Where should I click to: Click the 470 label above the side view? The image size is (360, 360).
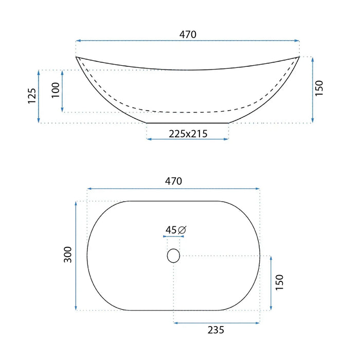pyautogui.click(x=188, y=34)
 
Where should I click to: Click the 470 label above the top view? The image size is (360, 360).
pyautogui.click(x=173, y=181)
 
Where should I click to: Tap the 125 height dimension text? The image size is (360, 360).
pyautogui.click(x=32, y=96)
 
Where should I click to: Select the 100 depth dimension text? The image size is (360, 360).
pyautogui.click(x=56, y=90)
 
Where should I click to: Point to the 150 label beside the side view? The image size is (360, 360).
pyautogui.click(x=319, y=88)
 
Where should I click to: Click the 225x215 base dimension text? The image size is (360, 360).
pyautogui.click(x=188, y=134)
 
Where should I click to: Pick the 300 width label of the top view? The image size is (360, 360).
pyautogui.click(x=68, y=255)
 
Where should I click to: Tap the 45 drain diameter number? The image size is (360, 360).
pyautogui.click(x=171, y=230)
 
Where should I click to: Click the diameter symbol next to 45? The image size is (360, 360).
pyautogui.click(x=182, y=230)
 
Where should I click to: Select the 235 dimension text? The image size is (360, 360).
pyautogui.click(x=216, y=330)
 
